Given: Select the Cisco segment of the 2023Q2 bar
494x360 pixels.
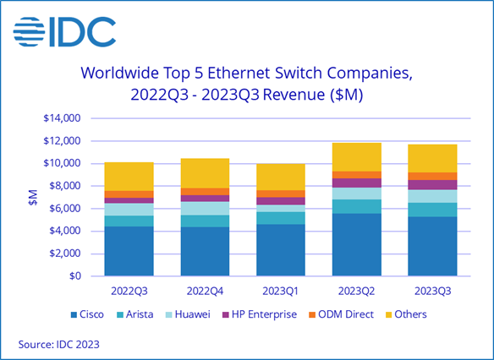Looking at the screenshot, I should [357, 244].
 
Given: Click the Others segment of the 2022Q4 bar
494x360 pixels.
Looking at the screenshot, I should [205, 173].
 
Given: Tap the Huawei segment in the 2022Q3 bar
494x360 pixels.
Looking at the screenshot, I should [129, 209].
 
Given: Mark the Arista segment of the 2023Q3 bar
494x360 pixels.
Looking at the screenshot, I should [432, 210].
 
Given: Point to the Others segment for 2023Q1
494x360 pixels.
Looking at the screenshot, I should [281, 177].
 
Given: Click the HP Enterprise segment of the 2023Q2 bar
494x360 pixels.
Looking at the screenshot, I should [357, 183].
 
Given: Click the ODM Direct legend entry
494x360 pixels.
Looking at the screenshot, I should [355, 314].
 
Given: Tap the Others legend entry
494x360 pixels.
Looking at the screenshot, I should [410, 314].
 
